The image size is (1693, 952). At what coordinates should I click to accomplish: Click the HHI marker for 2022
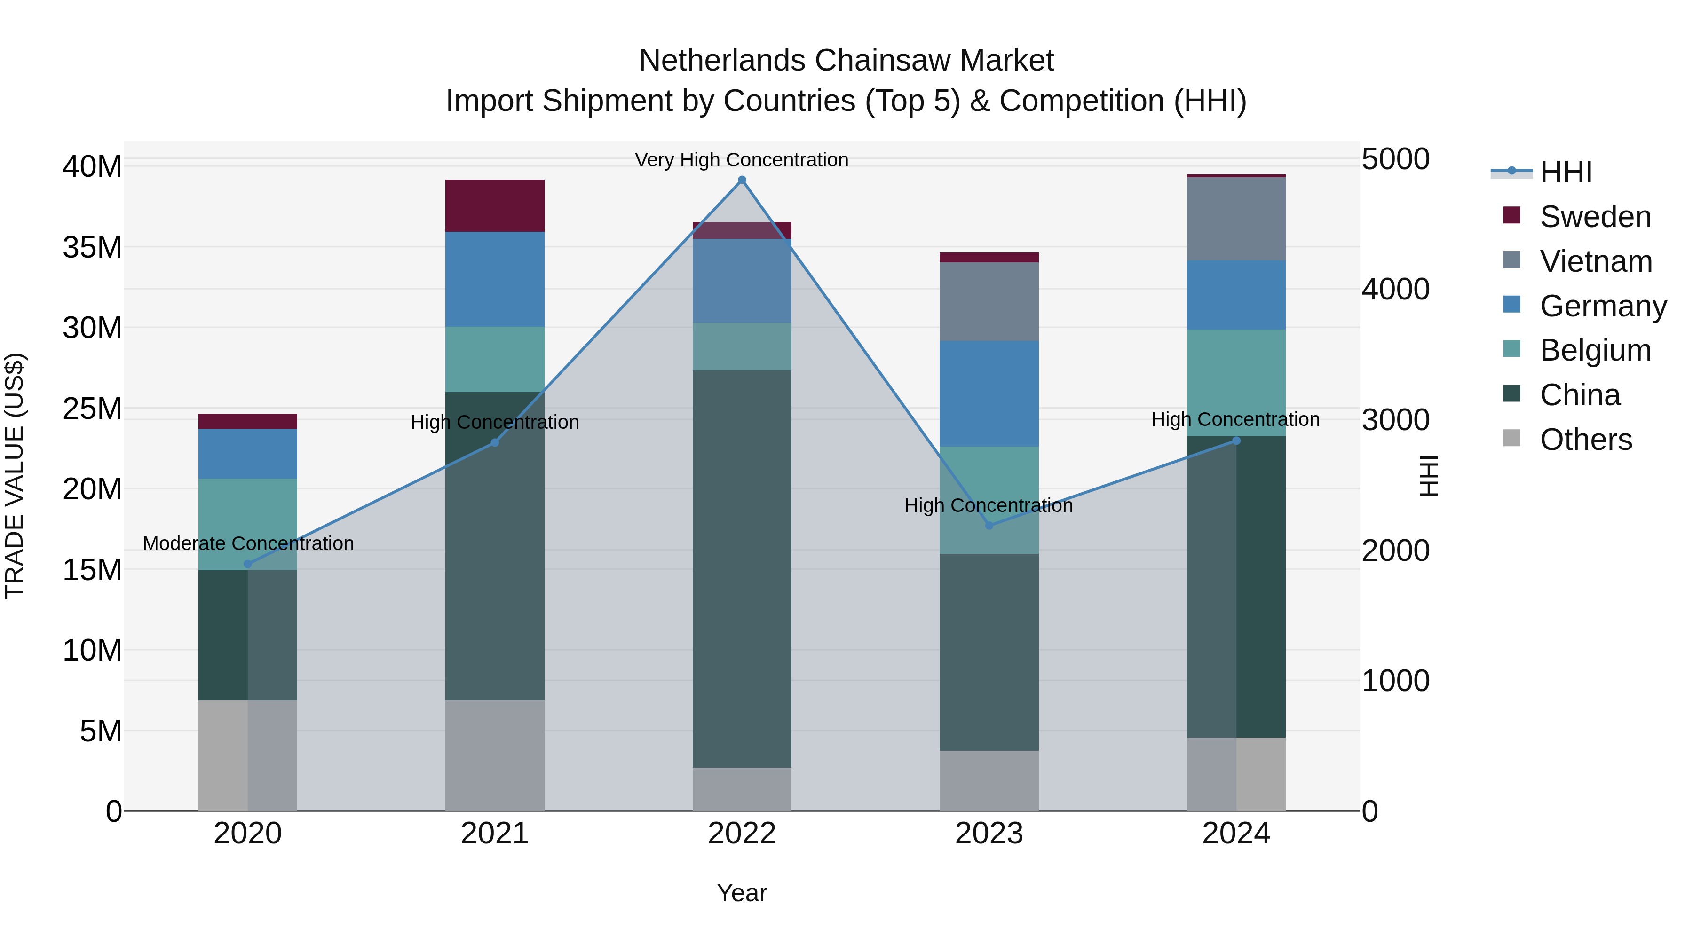pos(742,180)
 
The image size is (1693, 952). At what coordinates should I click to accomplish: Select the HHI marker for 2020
pos(248,564)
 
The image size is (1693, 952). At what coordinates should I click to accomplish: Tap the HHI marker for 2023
pos(989,526)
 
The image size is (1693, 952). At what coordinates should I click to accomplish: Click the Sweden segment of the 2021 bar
pos(495,205)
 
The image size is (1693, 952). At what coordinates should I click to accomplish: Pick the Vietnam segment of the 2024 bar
pos(1236,219)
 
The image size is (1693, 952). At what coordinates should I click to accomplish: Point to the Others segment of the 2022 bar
pos(742,788)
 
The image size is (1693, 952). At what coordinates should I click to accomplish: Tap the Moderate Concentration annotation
pos(248,543)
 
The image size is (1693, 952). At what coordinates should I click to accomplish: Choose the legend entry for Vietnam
pos(1596,261)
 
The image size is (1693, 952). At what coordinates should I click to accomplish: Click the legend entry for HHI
pos(1566,172)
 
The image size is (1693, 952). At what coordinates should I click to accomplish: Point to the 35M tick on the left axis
pos(92,248)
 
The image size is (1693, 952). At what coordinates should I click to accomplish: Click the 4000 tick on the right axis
pos(1395,289)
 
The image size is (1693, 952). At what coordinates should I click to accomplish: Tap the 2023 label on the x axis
pos(989,834)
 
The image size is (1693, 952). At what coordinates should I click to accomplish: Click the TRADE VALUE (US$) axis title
pos(15,476)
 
